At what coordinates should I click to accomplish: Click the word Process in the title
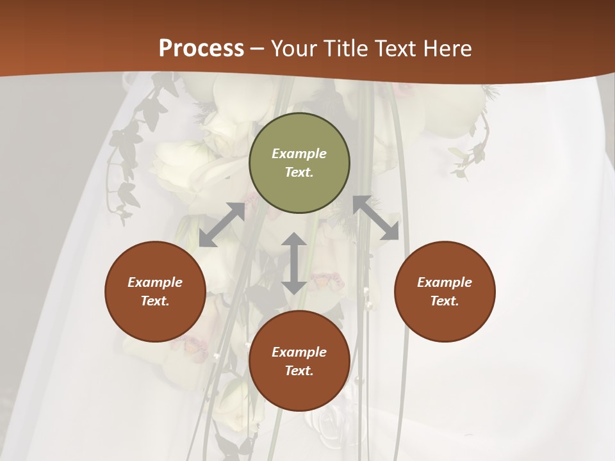[x=201, y=49]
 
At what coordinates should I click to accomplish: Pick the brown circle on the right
[x=445, y=314]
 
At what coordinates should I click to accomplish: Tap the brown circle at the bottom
[x=299, y=384]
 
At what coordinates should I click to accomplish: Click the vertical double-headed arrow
[x=294, y=263]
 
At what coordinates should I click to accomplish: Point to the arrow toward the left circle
[x=222, y=225]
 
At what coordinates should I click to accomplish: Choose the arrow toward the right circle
[x=375, y=218]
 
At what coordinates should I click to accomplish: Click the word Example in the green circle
[x=299, y=154]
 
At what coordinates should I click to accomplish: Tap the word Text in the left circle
[x=155, y=301]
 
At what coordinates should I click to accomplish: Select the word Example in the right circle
[x=445, y=282]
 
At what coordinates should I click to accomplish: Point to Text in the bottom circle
[x=299, y=371]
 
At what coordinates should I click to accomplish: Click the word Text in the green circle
[x=299, y=172]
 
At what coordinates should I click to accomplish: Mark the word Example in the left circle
[x=155, y=282]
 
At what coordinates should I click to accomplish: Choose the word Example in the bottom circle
[x=299, y=352]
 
